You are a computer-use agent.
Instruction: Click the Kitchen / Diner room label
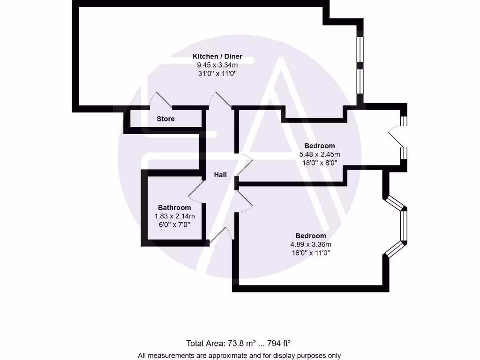tap(217, 57)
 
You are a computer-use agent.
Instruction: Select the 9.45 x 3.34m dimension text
tap(217, 65)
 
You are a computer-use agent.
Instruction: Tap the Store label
tap(165, 119)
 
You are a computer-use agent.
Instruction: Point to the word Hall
tap(220, 175)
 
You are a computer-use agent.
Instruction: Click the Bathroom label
tap(174, 208)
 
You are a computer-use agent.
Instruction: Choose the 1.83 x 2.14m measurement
tap(174, 216)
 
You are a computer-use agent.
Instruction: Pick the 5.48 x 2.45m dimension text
tap(320, 154)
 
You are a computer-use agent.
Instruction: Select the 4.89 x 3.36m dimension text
tap(311, 244)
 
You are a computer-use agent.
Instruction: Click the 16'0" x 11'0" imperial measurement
tap(311, 253)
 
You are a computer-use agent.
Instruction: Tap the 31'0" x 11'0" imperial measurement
tap(217, 74)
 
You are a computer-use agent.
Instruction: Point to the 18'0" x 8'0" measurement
tap(320, 163)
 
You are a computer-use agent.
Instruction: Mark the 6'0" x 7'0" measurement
tap(174, 225)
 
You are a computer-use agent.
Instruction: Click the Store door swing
tap(161, 100)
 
